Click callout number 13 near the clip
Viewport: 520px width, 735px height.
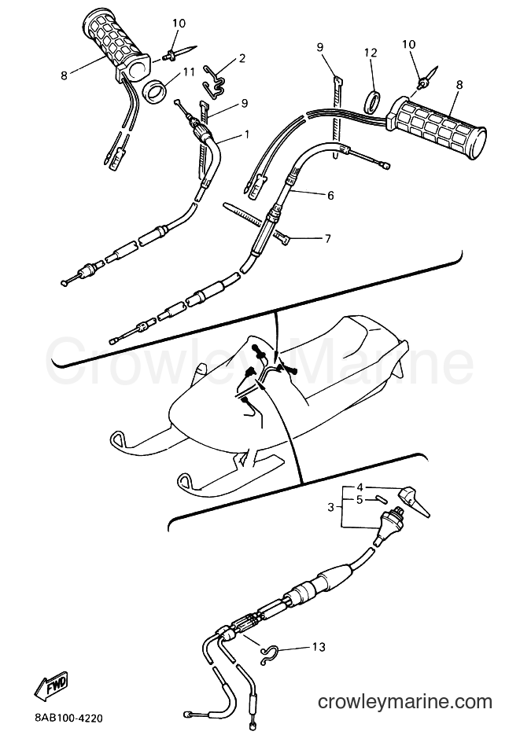[x=319, y=647]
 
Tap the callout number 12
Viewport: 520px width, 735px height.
[x=371, y=52]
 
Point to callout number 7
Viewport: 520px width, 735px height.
[x=327, y=239]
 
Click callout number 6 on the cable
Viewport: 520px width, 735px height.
[x=330, y=195]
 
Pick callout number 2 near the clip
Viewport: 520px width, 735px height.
[x=242, y=58]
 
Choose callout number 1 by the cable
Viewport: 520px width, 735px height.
[x=247, y=134]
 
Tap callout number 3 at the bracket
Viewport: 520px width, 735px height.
[x=330, y=507]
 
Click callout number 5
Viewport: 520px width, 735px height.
[x=360, y=500]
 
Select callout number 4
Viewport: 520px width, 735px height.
[x=360, y=487]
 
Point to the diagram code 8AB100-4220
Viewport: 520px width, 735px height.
[x=68, y=718]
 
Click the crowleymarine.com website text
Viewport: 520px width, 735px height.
[x=404, y=702]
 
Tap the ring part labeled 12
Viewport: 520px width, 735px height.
[x=373, y=102]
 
